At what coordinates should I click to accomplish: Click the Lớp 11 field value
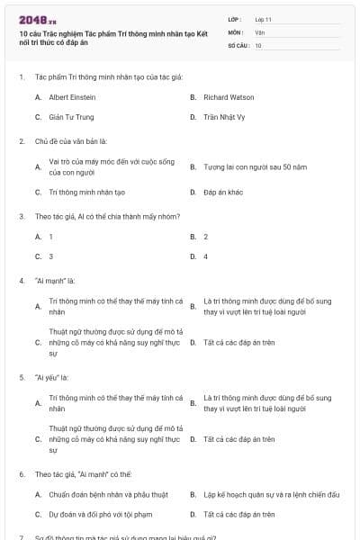(263, 19)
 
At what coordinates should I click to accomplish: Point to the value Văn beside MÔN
(259, 31)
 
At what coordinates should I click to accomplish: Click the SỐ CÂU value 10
(258, 44)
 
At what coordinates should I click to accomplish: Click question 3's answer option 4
(205, 256)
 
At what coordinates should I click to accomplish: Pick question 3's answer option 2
(205, 236)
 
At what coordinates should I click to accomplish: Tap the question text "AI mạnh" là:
(54, 280)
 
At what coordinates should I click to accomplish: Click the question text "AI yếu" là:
(52, 377)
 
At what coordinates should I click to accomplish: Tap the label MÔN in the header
(236, 31)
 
